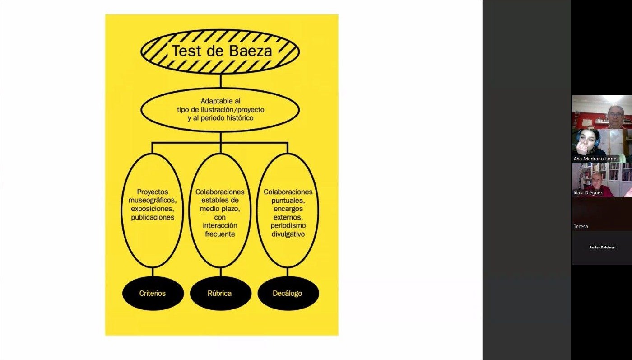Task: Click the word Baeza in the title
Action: [x=251, y=51]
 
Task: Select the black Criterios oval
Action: [x=153, y=293]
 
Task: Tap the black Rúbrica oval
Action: [x=220, y=293]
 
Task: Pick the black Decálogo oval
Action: [x=288, y=293]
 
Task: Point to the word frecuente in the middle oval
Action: [x=220, y=234]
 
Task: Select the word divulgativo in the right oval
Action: [x=288, y=234]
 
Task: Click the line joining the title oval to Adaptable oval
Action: [x=220, y=80]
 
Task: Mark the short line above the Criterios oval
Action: [x=153, y=271]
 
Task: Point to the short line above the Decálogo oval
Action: [x=288, y=271]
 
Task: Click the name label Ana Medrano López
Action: [x=595, y=159]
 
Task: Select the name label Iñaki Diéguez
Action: [x=588, y=193]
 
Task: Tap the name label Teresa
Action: [x=581, y=226]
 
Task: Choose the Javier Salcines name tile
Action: [x=602, y=248]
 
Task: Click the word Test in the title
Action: [x=185, y=51]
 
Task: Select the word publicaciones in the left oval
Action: [x=153, y=217]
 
